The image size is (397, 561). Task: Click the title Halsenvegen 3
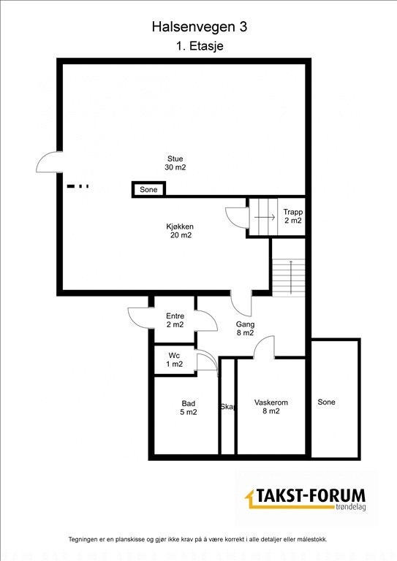[199, 27]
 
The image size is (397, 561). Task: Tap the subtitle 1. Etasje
[199, 45]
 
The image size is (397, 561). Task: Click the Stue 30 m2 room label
[175, 163]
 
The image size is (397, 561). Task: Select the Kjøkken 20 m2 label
[179, 231]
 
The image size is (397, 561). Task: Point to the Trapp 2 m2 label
[292, 216]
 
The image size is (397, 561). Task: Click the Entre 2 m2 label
[175, 320]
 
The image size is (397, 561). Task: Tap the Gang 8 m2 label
[244, 328]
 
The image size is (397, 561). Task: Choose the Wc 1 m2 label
[174, 359]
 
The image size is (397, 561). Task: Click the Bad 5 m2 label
[189, 407]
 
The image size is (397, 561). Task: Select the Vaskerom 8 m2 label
[271, 407]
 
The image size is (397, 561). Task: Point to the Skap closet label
[227, 408]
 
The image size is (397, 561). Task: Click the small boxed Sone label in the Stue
[148, 190]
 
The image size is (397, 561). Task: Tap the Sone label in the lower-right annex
[326, 402]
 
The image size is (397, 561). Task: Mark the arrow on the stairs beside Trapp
[262, 217]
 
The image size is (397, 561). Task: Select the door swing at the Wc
[209, 361]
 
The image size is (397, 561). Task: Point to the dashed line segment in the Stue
[78, 186]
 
